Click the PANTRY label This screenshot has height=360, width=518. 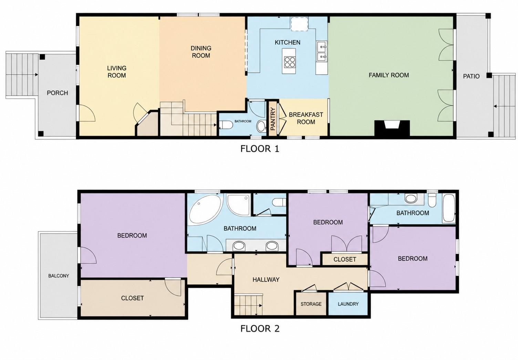273,119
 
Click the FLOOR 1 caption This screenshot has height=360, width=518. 260,149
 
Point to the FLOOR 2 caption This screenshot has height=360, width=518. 260,328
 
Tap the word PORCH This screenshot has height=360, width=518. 58,93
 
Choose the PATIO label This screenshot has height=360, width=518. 471,76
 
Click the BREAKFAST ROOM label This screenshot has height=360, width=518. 306,118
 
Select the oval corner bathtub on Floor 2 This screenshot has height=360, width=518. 203,210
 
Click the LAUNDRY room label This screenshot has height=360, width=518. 348,304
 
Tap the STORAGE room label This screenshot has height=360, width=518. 311,304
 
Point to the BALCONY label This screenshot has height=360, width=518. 59,276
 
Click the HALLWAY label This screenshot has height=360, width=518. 266,280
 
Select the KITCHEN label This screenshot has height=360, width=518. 288,42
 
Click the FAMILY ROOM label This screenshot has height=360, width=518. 389,75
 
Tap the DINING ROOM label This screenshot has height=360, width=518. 201,52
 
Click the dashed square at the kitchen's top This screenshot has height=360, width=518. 300,24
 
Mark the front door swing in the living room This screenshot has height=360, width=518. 87,113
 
